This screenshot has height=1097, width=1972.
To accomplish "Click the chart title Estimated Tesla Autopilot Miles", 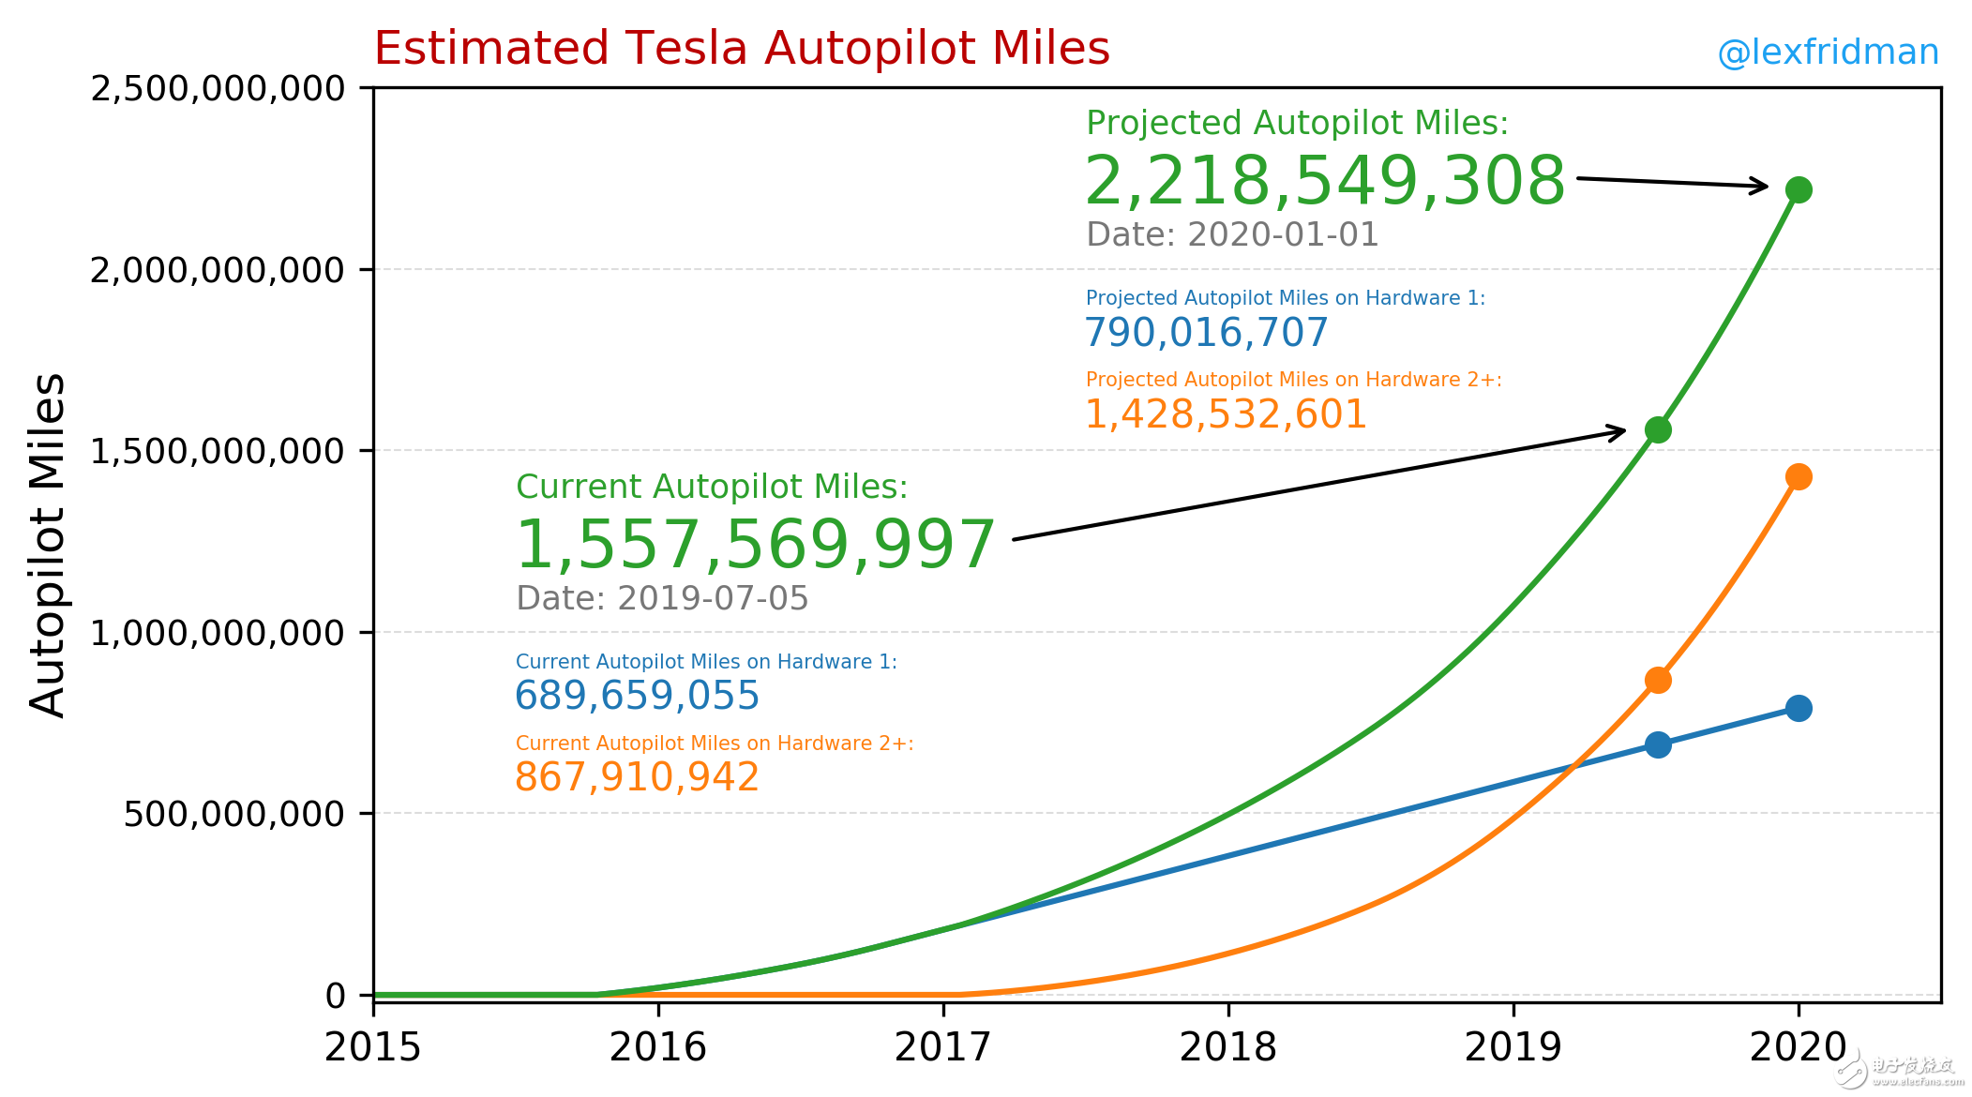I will tap(741, 49).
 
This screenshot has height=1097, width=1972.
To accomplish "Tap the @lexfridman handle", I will tap(1828, 53).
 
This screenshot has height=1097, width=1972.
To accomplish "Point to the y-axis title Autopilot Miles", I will tap(47, 546).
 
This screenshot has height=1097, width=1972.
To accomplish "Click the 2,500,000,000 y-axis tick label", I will tap(218, 89).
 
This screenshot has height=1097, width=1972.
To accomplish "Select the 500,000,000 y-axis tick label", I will tap(234, 814).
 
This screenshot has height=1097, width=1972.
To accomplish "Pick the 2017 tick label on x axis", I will tap(942, 1047).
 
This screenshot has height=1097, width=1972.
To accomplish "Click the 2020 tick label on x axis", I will tap(1798, 1047).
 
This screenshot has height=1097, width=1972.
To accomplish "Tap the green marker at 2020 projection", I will tap(1798, 190).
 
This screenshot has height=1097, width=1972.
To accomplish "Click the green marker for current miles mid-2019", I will tap(1657, 430).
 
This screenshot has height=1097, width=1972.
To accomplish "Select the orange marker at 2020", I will tap(1798, 477).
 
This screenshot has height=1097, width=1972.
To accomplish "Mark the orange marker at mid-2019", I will tap(1657, 680).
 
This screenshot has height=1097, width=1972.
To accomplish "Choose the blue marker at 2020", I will tap(1798, 708).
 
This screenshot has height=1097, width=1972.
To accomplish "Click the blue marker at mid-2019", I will tap(1657, 744).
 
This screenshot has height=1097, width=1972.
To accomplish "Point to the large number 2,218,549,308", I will tap(1324, 181).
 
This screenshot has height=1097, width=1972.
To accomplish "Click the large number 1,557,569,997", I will tap(755, 545).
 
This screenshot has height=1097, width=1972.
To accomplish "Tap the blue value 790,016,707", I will tap(1206, 333).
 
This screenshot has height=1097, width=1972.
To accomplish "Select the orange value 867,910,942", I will tap(637, 777).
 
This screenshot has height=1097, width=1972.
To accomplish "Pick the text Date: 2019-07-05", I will tap(662, 598).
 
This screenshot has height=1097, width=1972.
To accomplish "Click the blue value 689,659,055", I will tap(637, 696).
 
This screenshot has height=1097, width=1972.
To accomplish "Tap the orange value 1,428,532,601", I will tap(1226, 414).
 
